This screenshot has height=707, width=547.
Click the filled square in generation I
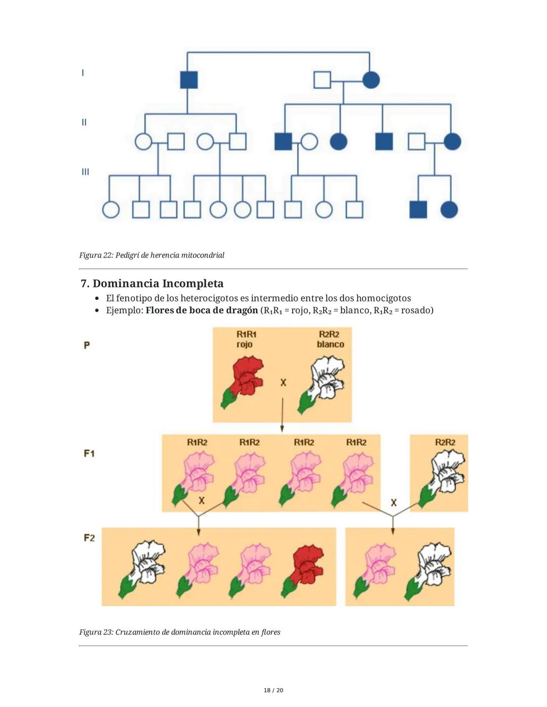click(x=189, y=80)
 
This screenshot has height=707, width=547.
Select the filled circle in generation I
click(x=371, y=80)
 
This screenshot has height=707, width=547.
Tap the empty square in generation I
click(x=322, y=80)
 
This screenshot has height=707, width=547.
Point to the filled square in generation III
click(x=418, y=209)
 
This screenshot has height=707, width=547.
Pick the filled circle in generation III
click(x=449, y=209)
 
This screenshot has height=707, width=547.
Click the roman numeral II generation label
click(x=84, y=122)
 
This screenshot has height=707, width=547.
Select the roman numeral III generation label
click(x=85, y=172)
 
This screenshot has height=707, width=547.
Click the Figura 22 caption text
click(x=151, y=255)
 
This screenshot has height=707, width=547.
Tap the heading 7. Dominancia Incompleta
click(x=152, y=283)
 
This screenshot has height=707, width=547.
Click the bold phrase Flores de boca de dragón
click(x=202, y=310)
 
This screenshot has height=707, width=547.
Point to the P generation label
click(x=87, y=345)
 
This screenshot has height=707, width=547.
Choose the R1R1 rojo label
click(x=246, y=339)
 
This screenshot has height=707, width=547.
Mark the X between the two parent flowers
click(x=283, y=383)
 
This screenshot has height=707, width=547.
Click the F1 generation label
click(x=89, y=453)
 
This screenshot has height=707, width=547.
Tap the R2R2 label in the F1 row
click(x=445, y=442)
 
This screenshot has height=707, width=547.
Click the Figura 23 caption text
click(x=180, y=632)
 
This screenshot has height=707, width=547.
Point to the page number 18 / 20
click(x=273, y=690)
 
